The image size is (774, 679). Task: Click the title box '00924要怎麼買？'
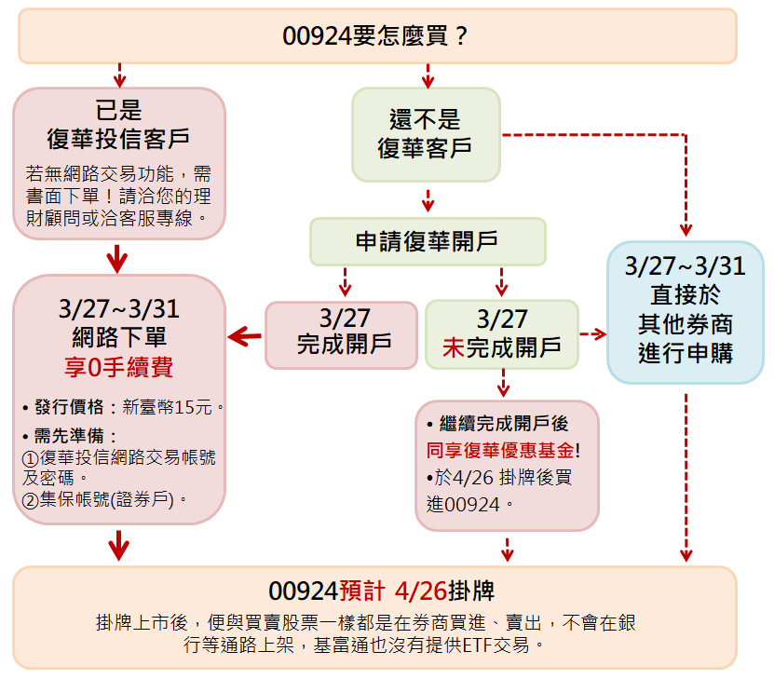click(377, 36)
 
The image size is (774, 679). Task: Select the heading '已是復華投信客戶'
click(118, 125)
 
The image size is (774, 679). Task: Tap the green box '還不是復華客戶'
click(426, 135)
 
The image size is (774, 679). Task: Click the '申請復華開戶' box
click(428, 242)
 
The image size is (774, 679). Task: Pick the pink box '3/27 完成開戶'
click(342, 335)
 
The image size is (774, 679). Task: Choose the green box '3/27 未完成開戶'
click(502, 334)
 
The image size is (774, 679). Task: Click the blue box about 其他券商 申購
click(686, 312)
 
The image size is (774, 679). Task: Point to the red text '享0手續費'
click(118, 367)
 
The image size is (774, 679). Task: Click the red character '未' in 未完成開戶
click(454, 347)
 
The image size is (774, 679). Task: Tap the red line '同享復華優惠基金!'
click(503, 450)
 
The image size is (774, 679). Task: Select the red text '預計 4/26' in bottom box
click(393, 591)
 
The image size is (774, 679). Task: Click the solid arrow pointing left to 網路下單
click(245, 336)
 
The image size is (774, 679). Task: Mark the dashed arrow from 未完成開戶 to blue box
click(592, 334)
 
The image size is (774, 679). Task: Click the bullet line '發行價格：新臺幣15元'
click(123, 407)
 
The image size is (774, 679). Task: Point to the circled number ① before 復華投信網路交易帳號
click(30, 459)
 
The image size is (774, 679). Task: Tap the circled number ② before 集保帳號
click(30, 501)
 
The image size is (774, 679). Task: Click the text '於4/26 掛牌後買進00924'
click(498, 491)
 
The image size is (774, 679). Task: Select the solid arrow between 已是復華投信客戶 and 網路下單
click(117, 259)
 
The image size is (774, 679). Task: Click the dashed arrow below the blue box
click(686, 478)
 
